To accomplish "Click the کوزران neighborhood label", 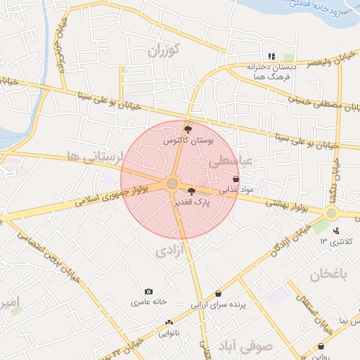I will (167, 50).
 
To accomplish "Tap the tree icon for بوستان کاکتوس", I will (187, 129).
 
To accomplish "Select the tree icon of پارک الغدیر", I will (191, 190).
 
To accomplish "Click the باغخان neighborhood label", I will (330, 274).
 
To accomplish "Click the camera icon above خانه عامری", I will (148, 292).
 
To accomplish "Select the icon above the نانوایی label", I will (168, 322).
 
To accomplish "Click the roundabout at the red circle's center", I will (172, 184).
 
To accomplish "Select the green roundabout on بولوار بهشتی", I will (331, 212).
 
